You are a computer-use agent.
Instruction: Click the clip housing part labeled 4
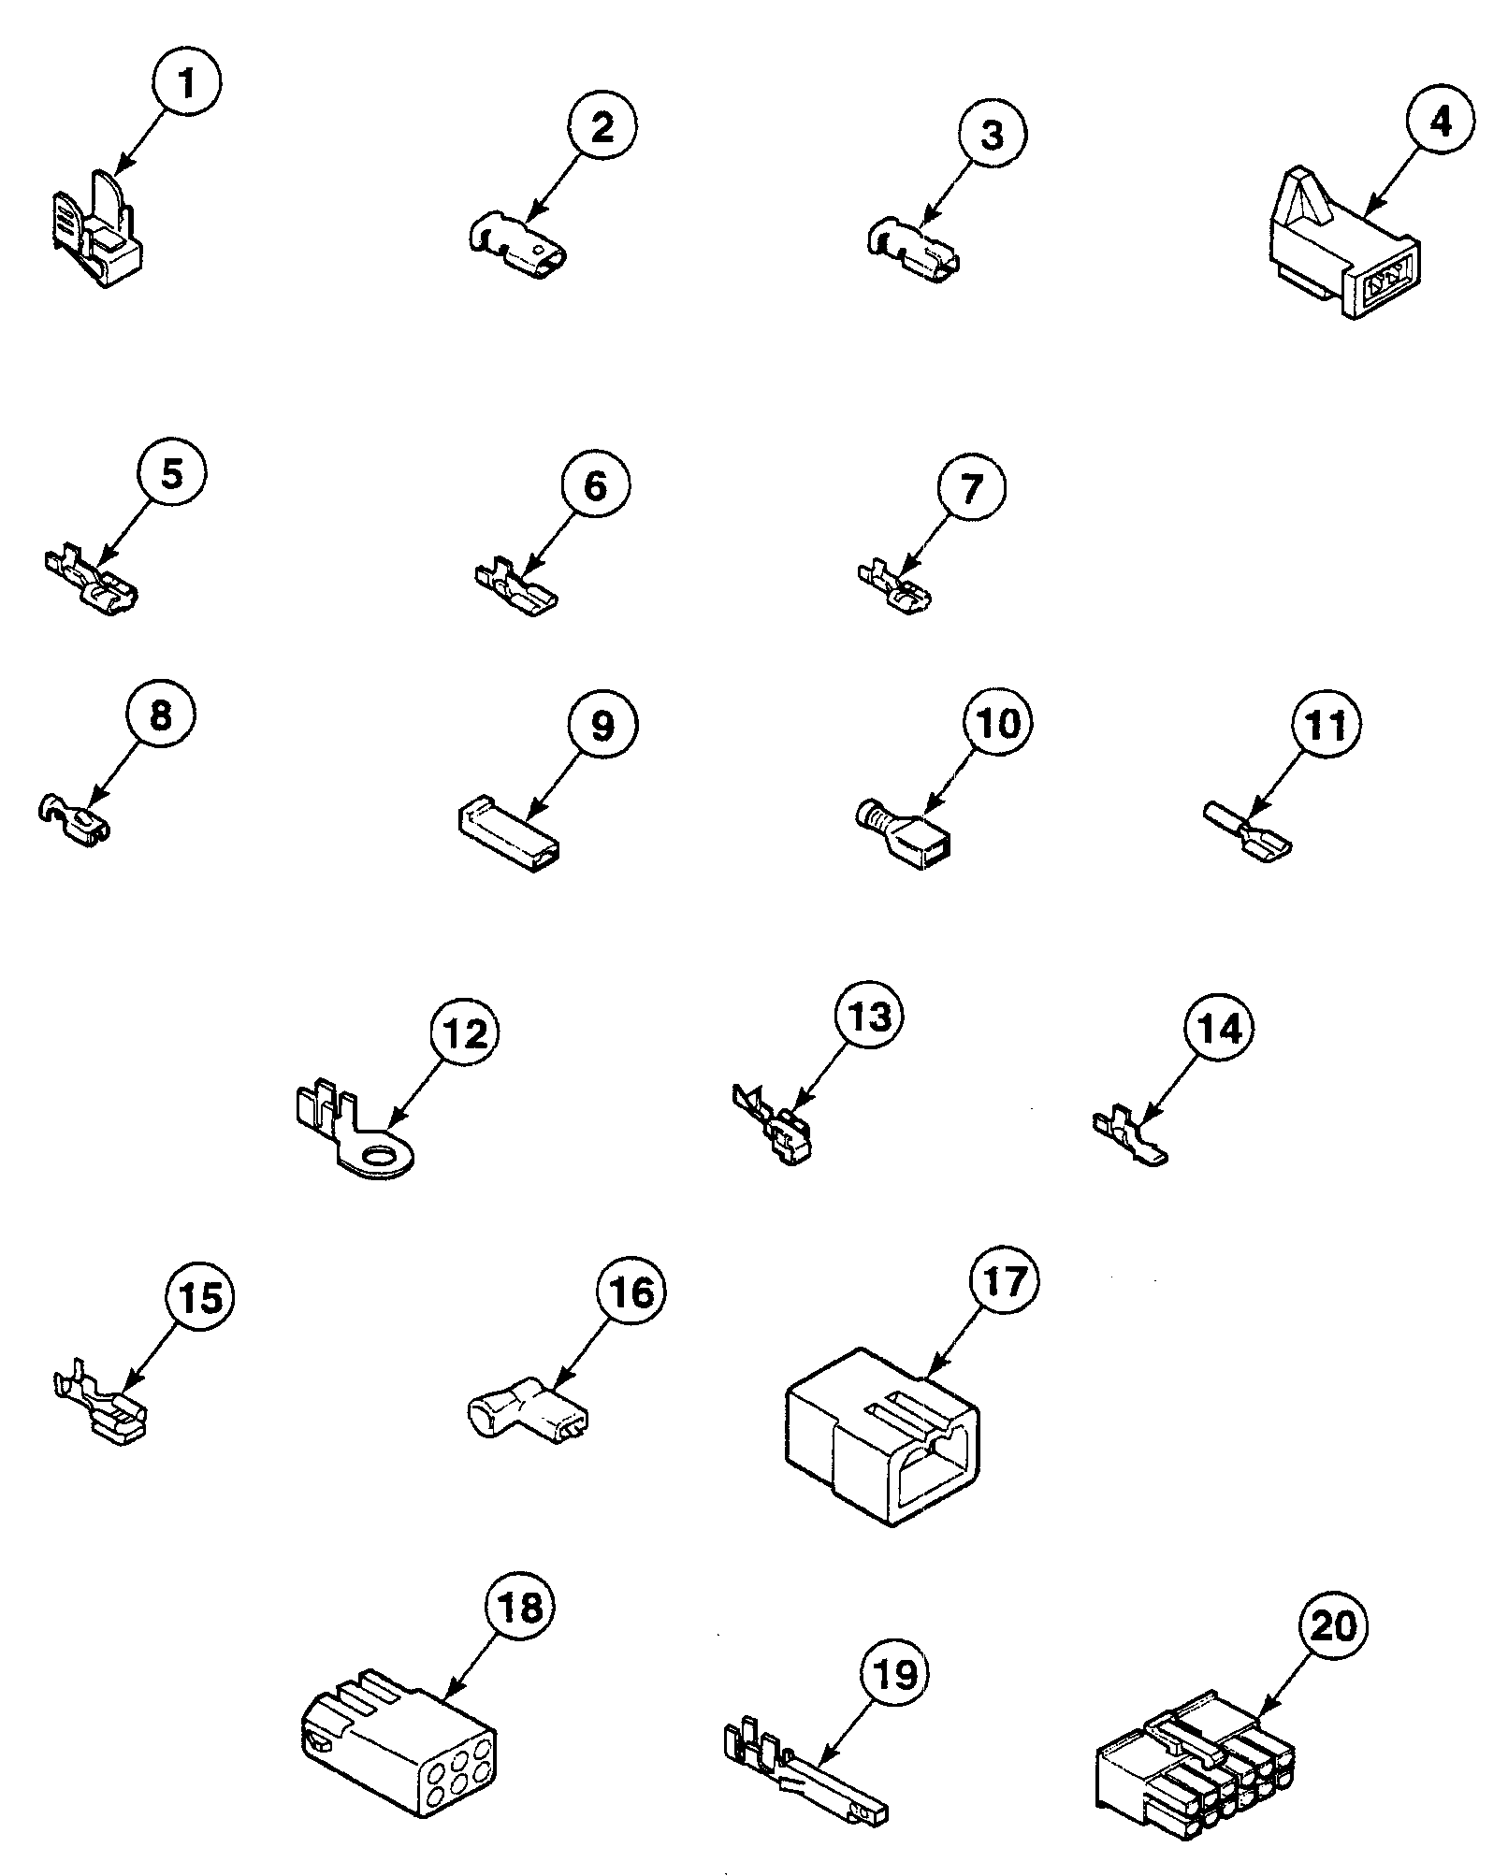coord(1343,253)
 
